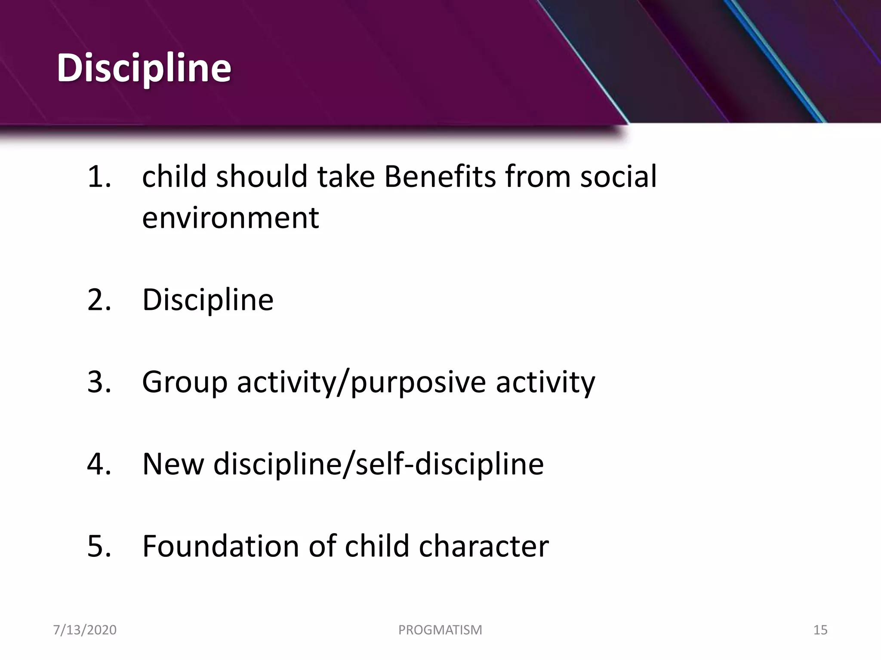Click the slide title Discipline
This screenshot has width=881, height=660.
pos(144,68)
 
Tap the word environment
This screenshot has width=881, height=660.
pos(231,218)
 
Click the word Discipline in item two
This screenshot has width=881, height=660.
pos(208,300)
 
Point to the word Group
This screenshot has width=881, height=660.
pos(185,382)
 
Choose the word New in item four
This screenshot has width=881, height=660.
pos(173,464)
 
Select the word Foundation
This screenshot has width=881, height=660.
pos(220,546)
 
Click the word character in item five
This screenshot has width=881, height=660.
pos(484,546)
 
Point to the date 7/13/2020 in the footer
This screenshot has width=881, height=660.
pos(85,630)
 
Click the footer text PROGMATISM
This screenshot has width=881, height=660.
pos(440,630)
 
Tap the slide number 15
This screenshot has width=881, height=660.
pos(820,630)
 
